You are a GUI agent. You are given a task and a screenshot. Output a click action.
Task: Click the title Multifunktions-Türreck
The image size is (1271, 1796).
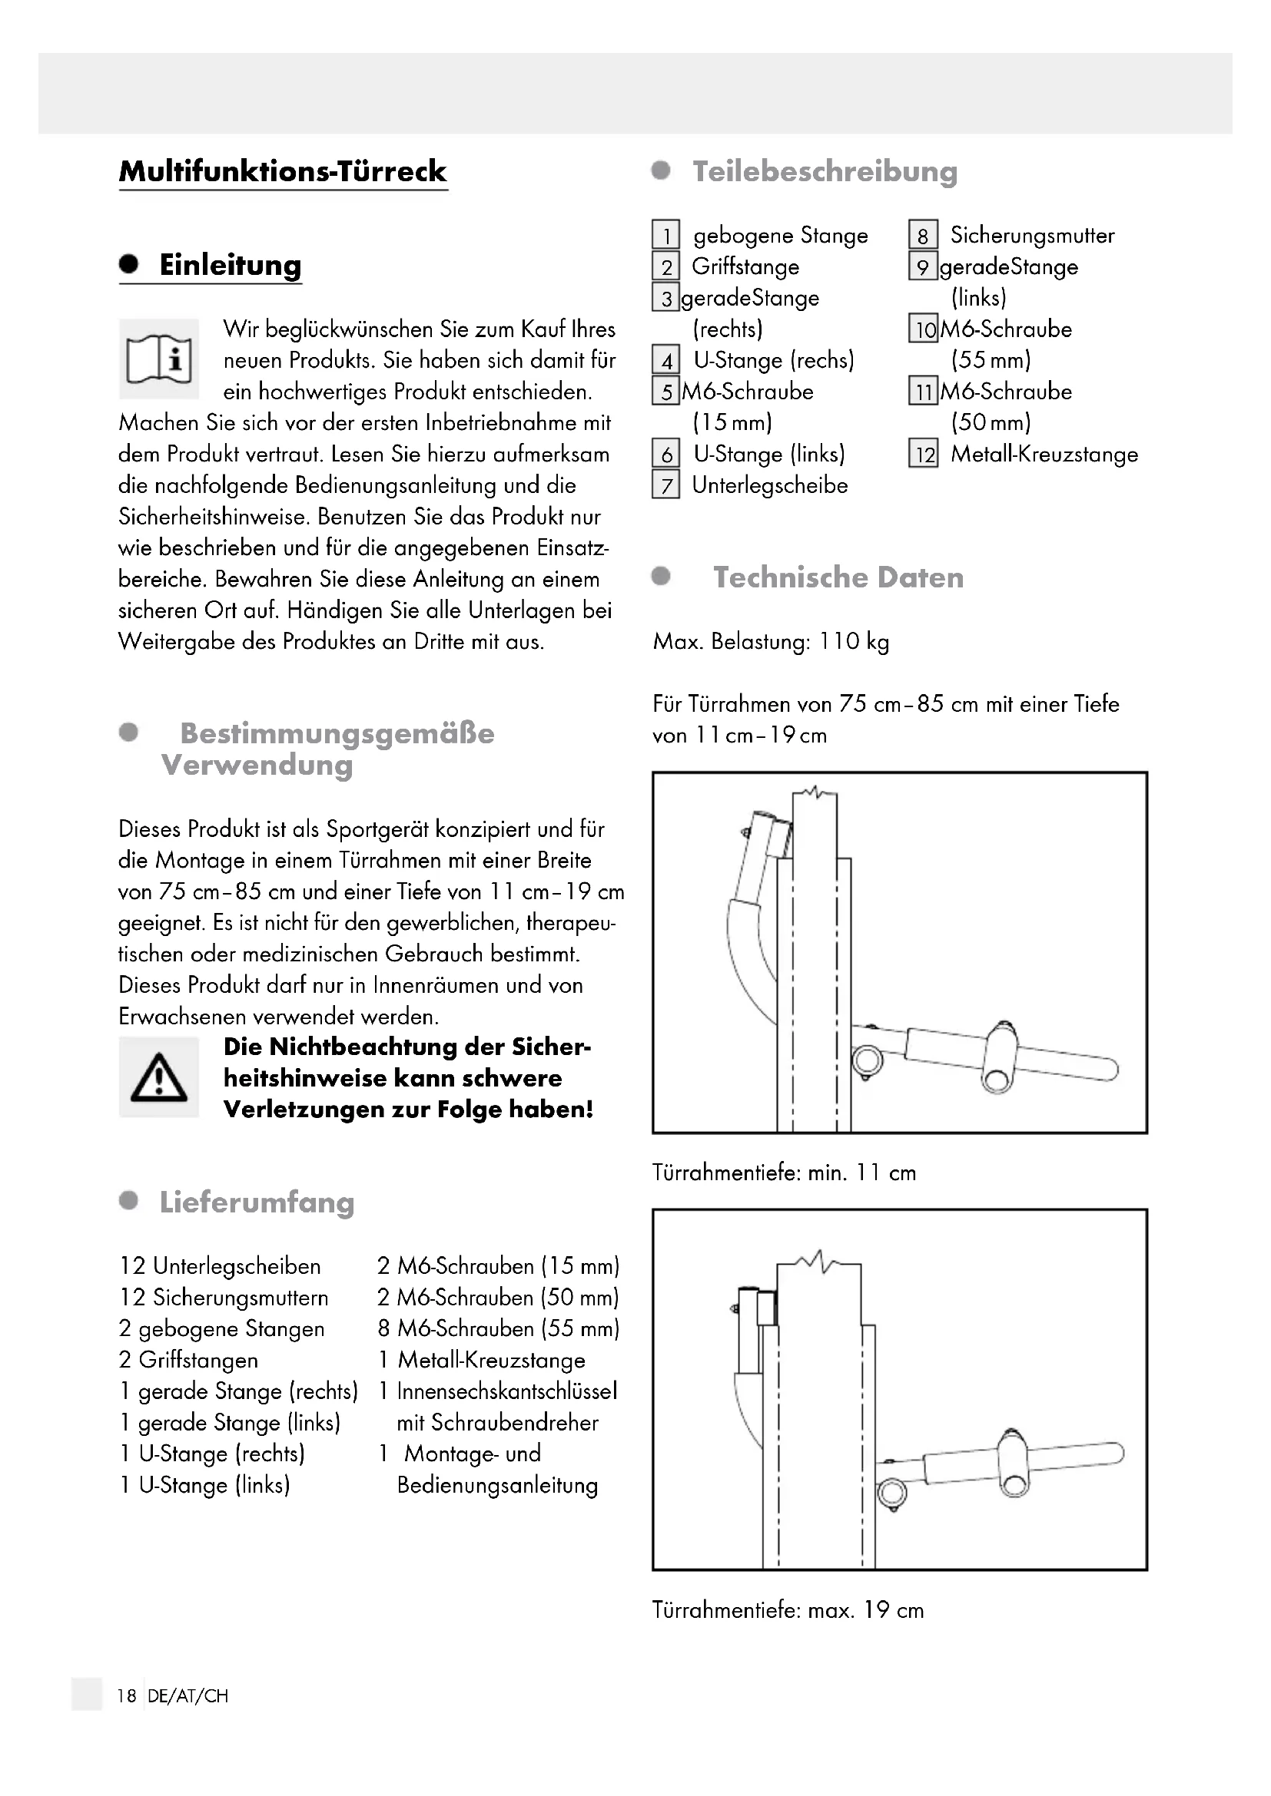pyautogui.click(x=283, y=171)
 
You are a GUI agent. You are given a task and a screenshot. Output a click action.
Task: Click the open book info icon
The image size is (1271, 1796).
pyautogui.click(x=159, y=359)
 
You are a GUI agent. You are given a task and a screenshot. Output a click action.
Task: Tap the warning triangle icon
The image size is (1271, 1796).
pyautogui.click(x=159, y=1077)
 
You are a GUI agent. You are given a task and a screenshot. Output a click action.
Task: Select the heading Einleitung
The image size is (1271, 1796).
pyautogui.click(x=230, y=265)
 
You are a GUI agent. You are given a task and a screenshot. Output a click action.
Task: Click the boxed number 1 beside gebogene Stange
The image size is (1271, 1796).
pyautogui.click(x=666, y=236)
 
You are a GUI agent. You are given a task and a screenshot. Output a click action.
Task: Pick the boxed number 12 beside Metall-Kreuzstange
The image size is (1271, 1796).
pyautogui.click(x=924, y=455)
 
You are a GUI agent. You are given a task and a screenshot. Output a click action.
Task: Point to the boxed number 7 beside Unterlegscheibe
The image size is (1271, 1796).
pyautogui.click(x=666, y=486)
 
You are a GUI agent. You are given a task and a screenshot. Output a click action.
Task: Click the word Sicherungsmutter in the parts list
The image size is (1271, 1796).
pyautogui.click(x=1032, y=236)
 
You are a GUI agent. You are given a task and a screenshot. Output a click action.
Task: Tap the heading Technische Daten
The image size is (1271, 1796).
pyautogui.click(x=838, y=577)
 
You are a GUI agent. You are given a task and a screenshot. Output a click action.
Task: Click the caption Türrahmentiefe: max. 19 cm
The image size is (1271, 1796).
pyautogui.click(x=788, y=1610)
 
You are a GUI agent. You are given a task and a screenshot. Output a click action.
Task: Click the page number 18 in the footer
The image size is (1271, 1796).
pyautogui.click(x=127, y=1696)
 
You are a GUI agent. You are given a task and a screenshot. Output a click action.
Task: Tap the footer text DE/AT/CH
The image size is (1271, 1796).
pyautogui.click(x=187, y=1696)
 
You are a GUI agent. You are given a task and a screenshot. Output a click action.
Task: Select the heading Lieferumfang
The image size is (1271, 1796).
pyautogui.click(x=257, y=1202)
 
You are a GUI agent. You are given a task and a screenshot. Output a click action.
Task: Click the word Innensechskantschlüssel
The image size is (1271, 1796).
pyautogui.click(x=506, y=1391)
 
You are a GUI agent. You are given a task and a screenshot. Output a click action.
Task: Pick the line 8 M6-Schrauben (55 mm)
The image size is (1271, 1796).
pyautogui.click(x=499, y=1328)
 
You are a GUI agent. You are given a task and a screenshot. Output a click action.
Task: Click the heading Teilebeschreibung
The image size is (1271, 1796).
pyautogui.click(x=824, y=171)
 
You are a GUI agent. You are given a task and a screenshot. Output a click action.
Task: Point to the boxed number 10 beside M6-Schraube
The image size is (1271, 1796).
pyautogui.click(x=924, y=329)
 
